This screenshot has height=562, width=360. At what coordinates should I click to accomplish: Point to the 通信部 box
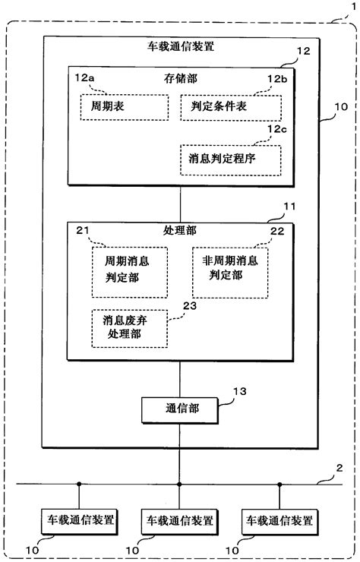pos(179,408)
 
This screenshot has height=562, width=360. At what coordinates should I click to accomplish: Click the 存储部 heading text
pos(179,77)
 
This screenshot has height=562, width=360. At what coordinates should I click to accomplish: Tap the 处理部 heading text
pos(179,229)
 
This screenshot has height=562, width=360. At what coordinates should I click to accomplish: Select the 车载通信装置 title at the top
pos(179,46)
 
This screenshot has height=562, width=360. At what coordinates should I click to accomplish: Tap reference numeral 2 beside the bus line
pos(339,469)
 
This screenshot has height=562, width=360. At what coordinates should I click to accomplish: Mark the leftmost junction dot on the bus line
pos(78,484)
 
